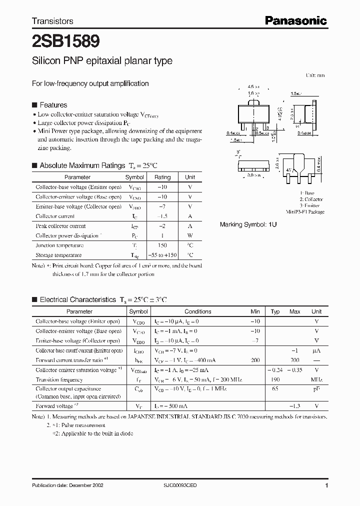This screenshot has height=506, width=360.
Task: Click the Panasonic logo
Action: click(295, 20)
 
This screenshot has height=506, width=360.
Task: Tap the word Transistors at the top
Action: click(52, 21)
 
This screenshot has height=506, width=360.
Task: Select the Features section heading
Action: click(53, 105)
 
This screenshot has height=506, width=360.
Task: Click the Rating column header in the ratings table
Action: click(162, 177)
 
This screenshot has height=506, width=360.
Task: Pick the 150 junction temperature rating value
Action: click(162, 245)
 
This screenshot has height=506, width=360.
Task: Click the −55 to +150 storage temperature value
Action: click(162, 255)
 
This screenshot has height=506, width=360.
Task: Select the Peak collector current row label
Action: click(60, 226)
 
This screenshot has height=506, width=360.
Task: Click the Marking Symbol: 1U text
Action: click(248, 225)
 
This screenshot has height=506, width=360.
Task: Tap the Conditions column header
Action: click(198, 311)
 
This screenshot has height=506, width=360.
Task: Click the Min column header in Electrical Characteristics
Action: click(255, 311)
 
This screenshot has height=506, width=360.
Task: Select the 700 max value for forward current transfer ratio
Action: click(294, 360)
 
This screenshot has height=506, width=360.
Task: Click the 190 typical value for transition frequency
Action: click(275, 379)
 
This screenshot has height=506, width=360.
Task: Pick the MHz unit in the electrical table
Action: click(316, 379)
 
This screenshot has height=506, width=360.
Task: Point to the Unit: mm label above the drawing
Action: click(315, 75)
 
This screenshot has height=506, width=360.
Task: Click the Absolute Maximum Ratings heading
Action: click(82, 165)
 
